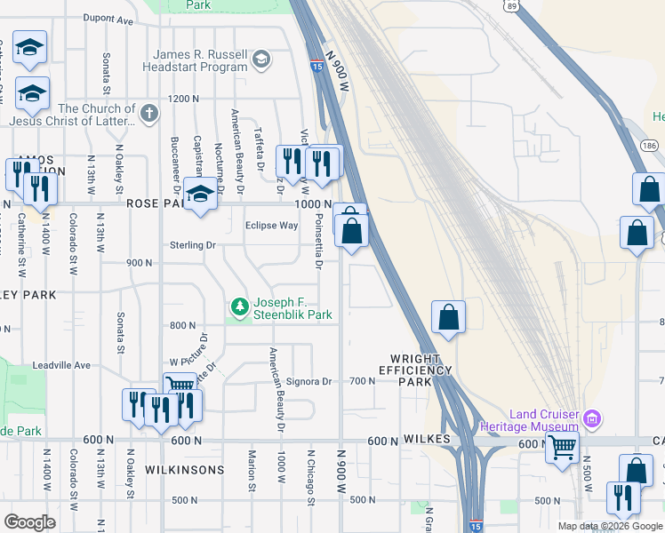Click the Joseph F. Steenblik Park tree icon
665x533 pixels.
239,307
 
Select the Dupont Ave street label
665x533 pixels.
108,18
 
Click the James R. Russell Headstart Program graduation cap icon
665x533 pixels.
260,60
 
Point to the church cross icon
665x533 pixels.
149,114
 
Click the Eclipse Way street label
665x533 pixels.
272,226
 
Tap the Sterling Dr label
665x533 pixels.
194,245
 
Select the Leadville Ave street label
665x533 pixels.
62,365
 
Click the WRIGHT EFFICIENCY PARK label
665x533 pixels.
415,376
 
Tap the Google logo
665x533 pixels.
29,522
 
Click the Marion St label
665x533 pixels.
252,469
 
